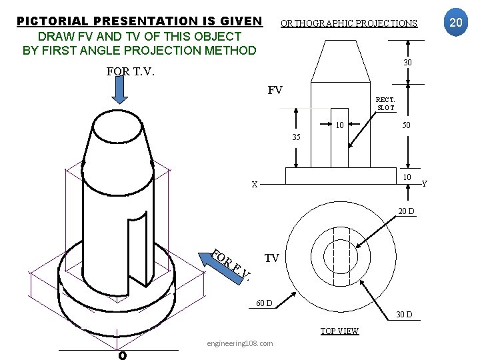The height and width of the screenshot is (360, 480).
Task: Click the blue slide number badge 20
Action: coord(456,23)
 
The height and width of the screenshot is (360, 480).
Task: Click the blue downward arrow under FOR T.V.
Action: coord(119,91)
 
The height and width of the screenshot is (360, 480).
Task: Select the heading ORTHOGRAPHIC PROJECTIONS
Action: coord(349,23)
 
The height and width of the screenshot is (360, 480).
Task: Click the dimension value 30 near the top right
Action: coord(407,63)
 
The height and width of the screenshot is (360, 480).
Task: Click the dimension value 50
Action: coord(406,125)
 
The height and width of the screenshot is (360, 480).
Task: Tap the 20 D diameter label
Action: coord(406,211)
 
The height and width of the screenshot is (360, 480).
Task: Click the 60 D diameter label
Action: coord(265,303)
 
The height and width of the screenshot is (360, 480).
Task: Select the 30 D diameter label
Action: coord(404,314)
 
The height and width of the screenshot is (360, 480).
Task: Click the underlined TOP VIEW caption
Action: coord(339,331)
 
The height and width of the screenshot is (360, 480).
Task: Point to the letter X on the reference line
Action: coord(255,185)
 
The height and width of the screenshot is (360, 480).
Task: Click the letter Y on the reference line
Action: coord(425,183)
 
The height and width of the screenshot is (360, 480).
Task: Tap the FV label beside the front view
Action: coord(275,90)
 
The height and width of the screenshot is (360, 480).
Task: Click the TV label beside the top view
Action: coord(271,257)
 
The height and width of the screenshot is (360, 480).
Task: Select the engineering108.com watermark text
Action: coord(239,343)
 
